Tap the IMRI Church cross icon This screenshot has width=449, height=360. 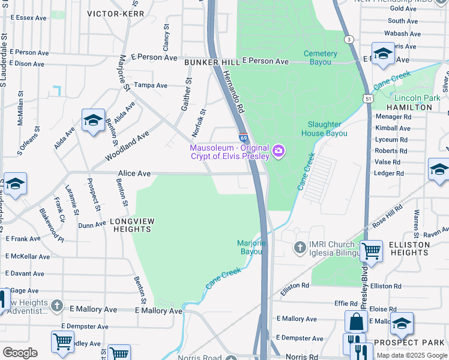point(300,247)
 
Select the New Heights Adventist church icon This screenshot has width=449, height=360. point(57,306)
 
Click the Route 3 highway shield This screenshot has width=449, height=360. point(348,39)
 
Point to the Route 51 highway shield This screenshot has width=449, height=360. point(369,98)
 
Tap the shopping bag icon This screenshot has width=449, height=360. point(356,322)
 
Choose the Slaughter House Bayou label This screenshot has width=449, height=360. point(327,129)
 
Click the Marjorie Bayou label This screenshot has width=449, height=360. point(252,247)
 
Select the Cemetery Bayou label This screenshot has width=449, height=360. point(320,58)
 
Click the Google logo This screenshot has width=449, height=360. point(20,353)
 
